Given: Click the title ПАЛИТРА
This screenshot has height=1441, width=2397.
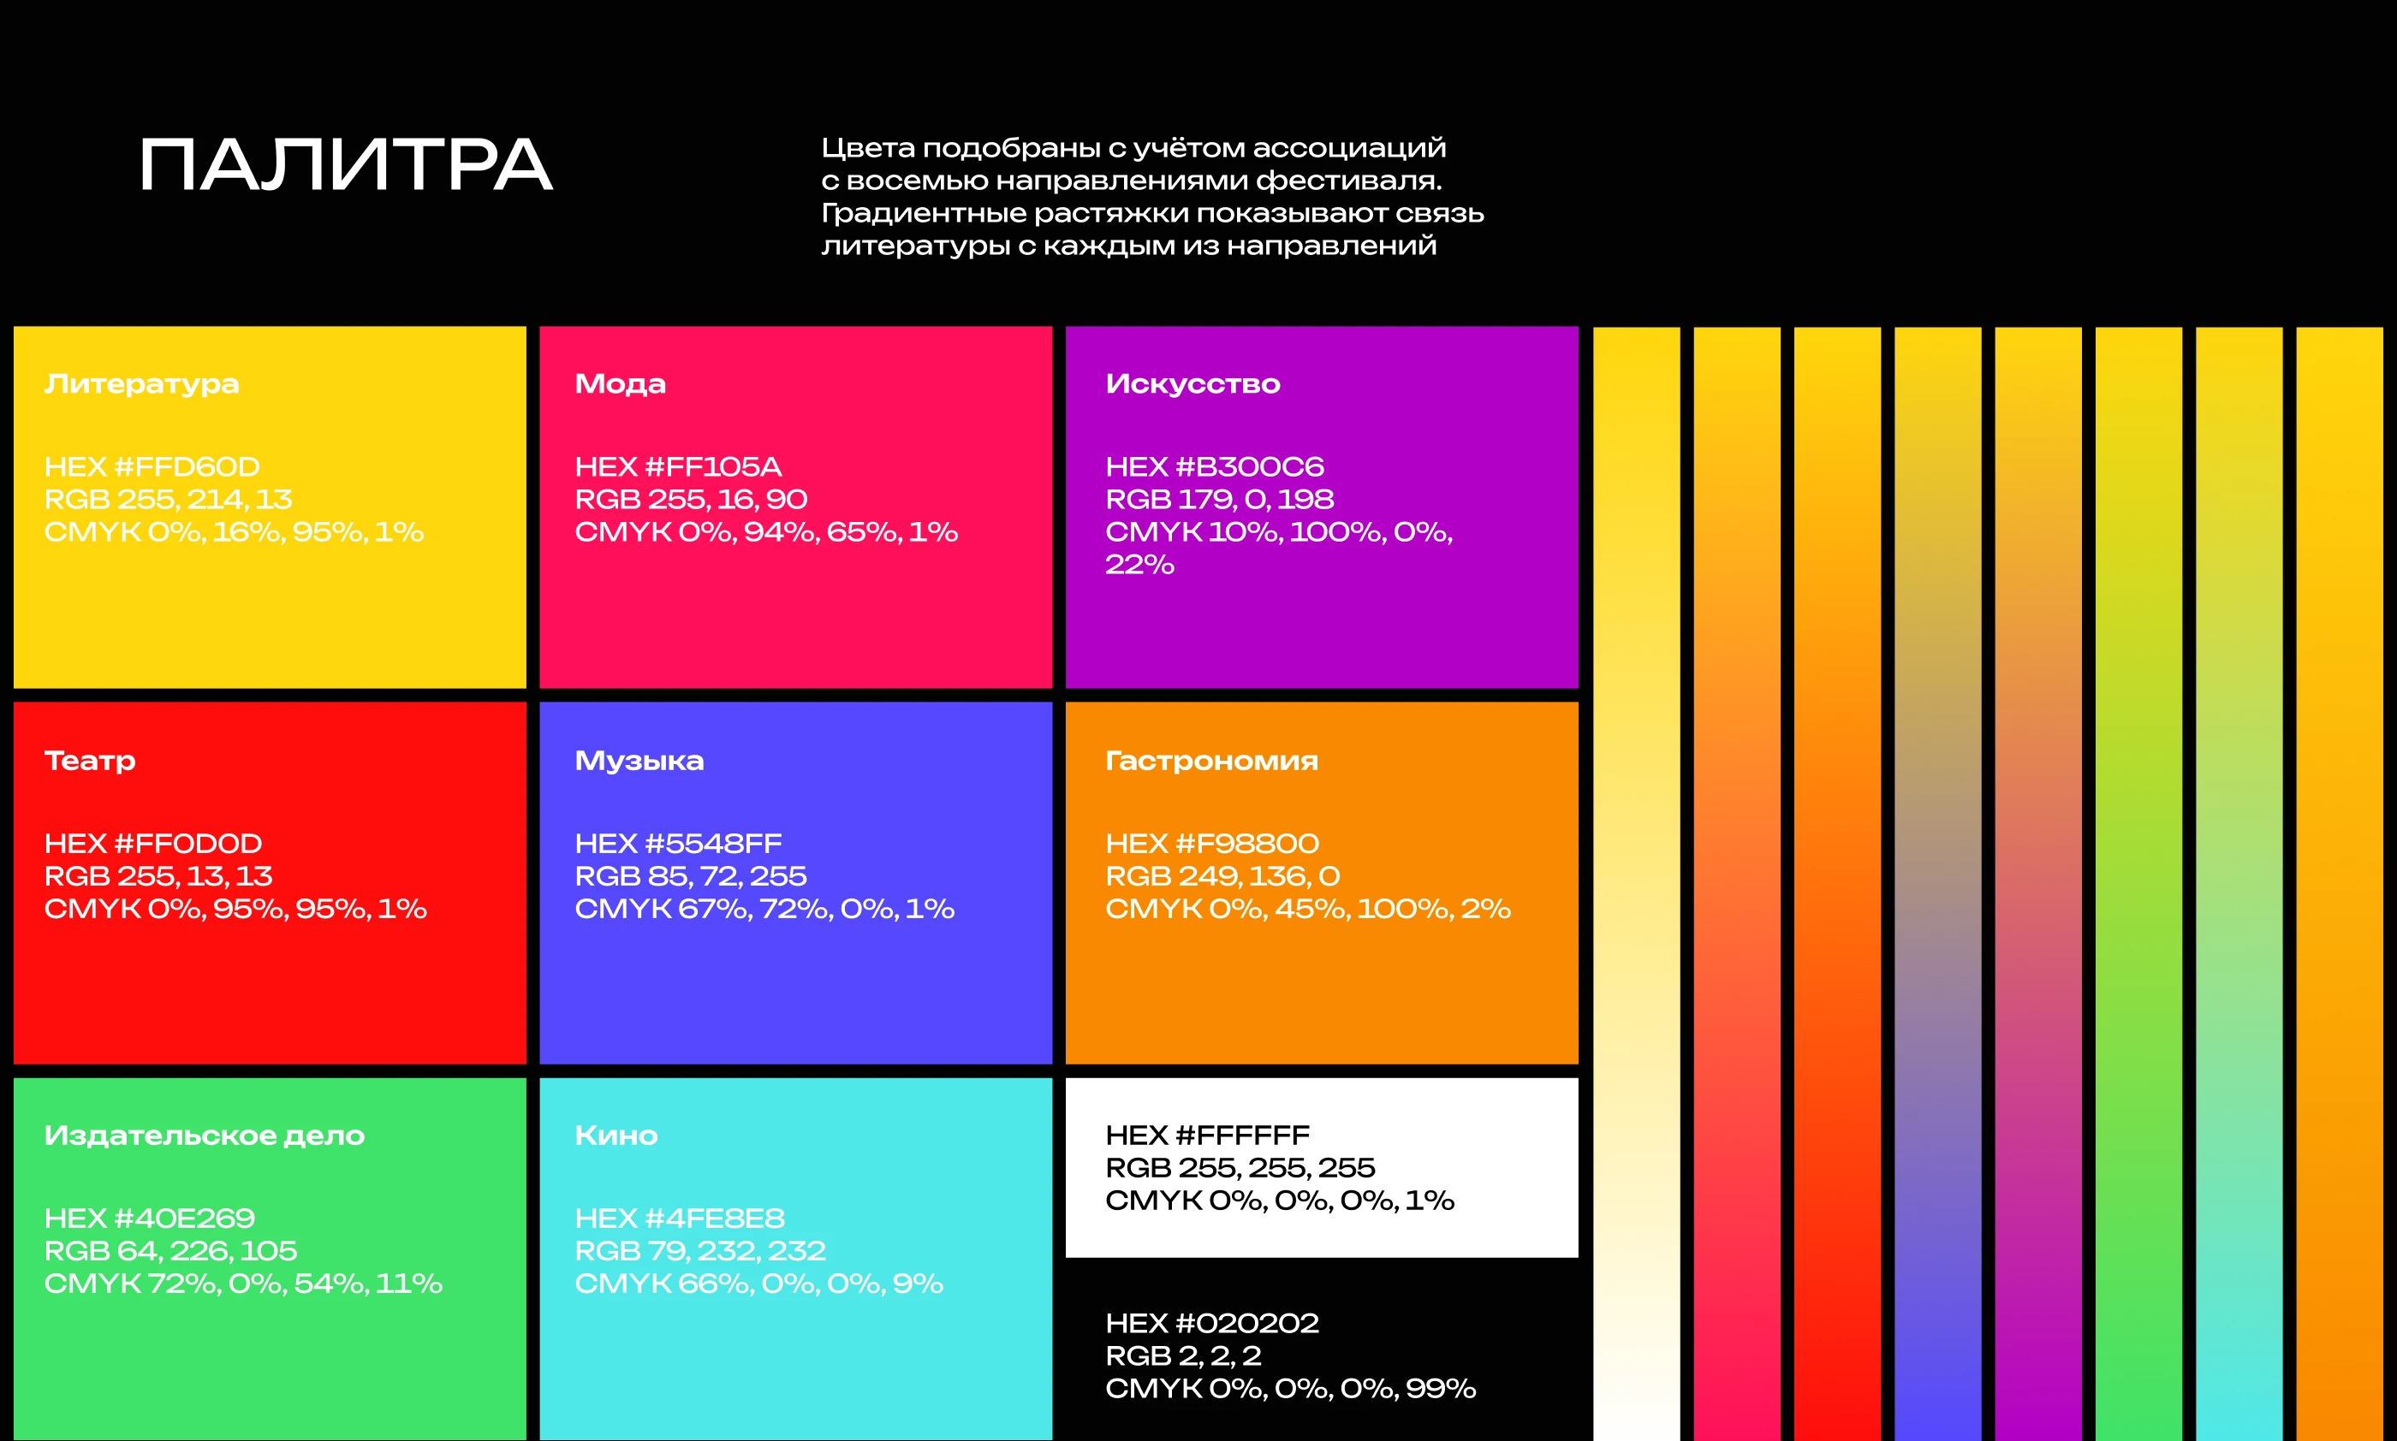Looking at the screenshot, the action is pos(346,164).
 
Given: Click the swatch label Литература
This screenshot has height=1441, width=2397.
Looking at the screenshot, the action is pos(142,384).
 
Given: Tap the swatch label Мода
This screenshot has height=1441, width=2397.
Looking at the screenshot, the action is pos(620,384).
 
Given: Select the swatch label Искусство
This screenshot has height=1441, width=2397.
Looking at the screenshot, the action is pos(1193,384).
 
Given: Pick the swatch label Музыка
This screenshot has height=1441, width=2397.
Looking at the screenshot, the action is pos(639,762).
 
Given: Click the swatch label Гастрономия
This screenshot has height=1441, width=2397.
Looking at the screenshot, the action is pos(1211,762).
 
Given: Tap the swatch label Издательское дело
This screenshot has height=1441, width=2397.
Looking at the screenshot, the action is pos(204,1136).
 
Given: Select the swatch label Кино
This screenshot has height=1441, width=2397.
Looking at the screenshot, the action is pos(616,1136).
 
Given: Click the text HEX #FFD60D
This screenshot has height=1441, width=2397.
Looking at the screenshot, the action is pos(152,467).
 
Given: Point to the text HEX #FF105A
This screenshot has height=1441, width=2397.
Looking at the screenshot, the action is pos(678,467).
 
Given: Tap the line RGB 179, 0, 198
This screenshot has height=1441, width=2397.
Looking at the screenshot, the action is pos(1219,499).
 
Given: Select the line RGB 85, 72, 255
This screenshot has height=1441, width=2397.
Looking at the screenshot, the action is pos(691,876).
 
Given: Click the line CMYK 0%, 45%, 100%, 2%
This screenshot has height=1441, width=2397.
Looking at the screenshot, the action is pos(1307,909).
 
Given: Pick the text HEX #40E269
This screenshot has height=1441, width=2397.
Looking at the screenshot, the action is pos(150,1219).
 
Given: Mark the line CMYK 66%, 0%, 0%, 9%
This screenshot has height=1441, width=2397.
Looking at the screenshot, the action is pos(758,1284).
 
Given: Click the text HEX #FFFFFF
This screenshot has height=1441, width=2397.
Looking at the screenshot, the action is pos(1207,1136).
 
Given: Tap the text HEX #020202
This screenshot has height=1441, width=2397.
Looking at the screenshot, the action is pos(1212,1324).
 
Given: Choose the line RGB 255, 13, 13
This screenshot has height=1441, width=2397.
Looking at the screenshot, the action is pos(158,876).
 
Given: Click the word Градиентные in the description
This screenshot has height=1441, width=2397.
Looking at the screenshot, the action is pos(923,214).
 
